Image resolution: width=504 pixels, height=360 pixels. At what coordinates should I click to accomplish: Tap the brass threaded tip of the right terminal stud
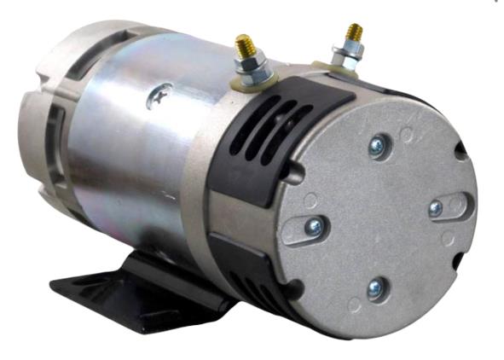coord(352,32)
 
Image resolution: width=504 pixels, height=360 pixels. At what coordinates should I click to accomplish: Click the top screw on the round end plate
coord(375,148)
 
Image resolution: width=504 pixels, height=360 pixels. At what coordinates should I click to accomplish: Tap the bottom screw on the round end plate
coord(374,289)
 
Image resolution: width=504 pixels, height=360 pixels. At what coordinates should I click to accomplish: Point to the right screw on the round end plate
coord(437,208)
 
